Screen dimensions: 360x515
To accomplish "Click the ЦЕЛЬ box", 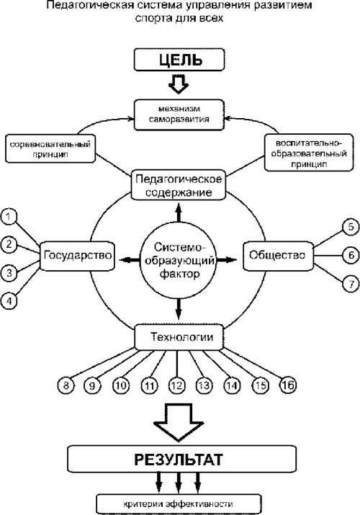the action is pyautogui.click(x=179, y=60).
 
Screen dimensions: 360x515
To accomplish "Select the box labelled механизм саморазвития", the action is pyautogui.click(x=179, y=115).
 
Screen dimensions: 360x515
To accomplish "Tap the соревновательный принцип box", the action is pyautogui.click(x=50, y=148).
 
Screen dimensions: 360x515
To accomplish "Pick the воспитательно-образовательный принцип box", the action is pyautogui.click(x=309, y=153).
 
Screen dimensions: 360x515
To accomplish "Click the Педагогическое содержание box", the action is pyautogui.click(x=179, y=185).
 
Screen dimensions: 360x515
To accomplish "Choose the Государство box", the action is pyautogui.click(x=78, y=256).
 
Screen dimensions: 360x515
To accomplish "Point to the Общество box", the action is pyautogui.click(x=278, y=256).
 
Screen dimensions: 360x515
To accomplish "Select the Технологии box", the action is pyautogui.click(x=179, y=337).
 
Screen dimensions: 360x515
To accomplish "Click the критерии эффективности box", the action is pyautogui.click(x=179, y=503).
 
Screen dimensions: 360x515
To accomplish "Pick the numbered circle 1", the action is pyautogui.click(x=9, y=217).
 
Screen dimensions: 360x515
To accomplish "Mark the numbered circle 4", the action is pyautogui.click(x=9, y=300).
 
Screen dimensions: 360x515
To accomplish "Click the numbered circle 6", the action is pyautogui.click(x=351, y=255).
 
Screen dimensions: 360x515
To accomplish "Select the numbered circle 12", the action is pyautogui.click(x=177, y=385).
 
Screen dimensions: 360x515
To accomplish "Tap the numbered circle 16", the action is pyautogui.click(x=288, y=385).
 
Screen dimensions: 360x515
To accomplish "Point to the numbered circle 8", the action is pyautogui.click(x=66, y=385).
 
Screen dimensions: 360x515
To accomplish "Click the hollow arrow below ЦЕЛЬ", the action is pyautogui.click(x=179, y=84).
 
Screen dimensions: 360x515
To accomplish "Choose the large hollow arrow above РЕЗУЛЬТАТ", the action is pyautogui.click(x=179, y=422).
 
